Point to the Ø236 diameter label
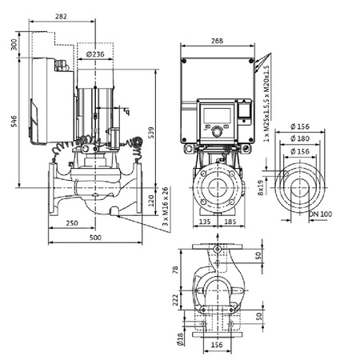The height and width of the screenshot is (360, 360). tap(94, 54)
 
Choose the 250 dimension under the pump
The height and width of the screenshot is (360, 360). tap(73, 222)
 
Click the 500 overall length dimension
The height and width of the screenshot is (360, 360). tap(95, 238)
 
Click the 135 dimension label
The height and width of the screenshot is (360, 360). tap(204, 222)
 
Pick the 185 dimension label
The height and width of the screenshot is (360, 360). tap(229, 222)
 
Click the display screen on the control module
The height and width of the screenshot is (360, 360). tap(216, 114)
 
